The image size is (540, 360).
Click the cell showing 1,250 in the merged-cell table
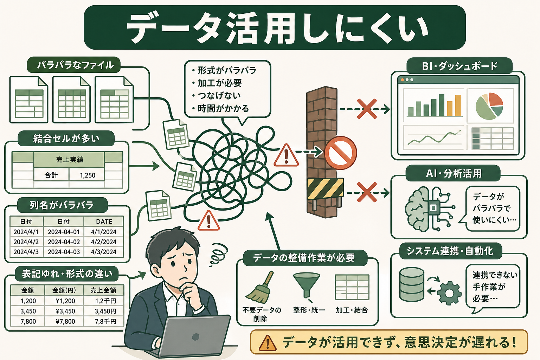pyautogui.click(x=87, y=175)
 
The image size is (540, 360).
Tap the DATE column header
pyautogui.click(x=104, y=221)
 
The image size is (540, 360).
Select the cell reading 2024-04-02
pyautogui.click(x=64, y=242)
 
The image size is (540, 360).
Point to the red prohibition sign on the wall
pyautogui.click(x=340, y=153)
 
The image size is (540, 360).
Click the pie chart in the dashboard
pyautogui.click(x=489, y=106)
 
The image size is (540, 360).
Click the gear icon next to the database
pyautogui.click(x=449, y=292)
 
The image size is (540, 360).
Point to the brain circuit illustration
pyautogui.click(x=427, y=209)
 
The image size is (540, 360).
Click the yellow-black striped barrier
pyautogui.click(x=325, y=188)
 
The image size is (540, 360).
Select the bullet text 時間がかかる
pyautogui.click(x=223, y=109)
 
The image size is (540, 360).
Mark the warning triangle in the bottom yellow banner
pyautogui.click(x=268, y=342)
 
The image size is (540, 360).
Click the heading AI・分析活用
pyautogui.click(x=454, y=173)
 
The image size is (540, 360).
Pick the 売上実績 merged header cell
pyautogui.click(x=70, y=160)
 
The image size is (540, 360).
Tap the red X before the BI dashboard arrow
pyautogui.click(x=367, y=109)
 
